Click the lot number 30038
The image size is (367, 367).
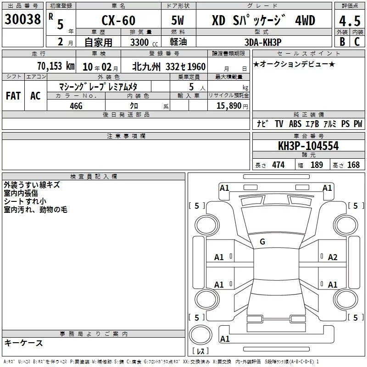click(x=22, y=19)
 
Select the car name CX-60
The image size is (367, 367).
click(x=118, y=20)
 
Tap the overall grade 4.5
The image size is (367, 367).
click(x=350, y=21)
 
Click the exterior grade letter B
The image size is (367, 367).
click(x=342, y=42)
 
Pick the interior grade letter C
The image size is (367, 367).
click(x=357, y=42)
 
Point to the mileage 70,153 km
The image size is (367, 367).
click(x=56, y=66)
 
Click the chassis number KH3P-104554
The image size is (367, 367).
click(x=308, y=146)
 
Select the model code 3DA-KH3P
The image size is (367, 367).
click(x=263, y=42)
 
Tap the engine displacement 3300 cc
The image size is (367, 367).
click(x=144, y=42)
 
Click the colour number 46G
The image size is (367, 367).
click(x=76, y=106)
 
